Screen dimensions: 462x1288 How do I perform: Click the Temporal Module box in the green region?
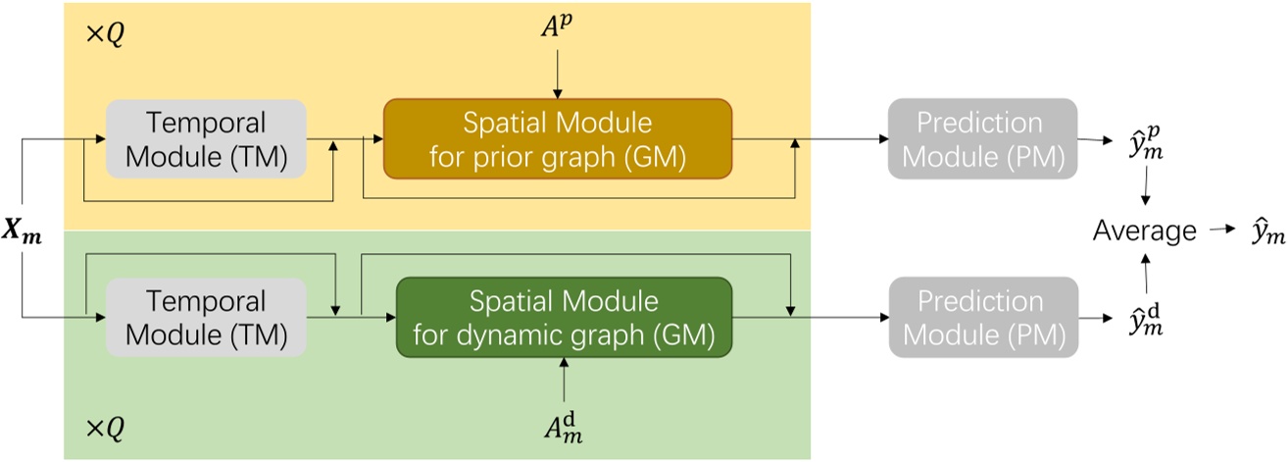pos(206,316)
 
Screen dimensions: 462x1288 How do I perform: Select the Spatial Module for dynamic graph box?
pos(564,316)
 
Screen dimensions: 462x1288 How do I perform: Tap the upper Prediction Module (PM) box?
pos(982,138)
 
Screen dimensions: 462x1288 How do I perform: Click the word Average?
pos(1145,231)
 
